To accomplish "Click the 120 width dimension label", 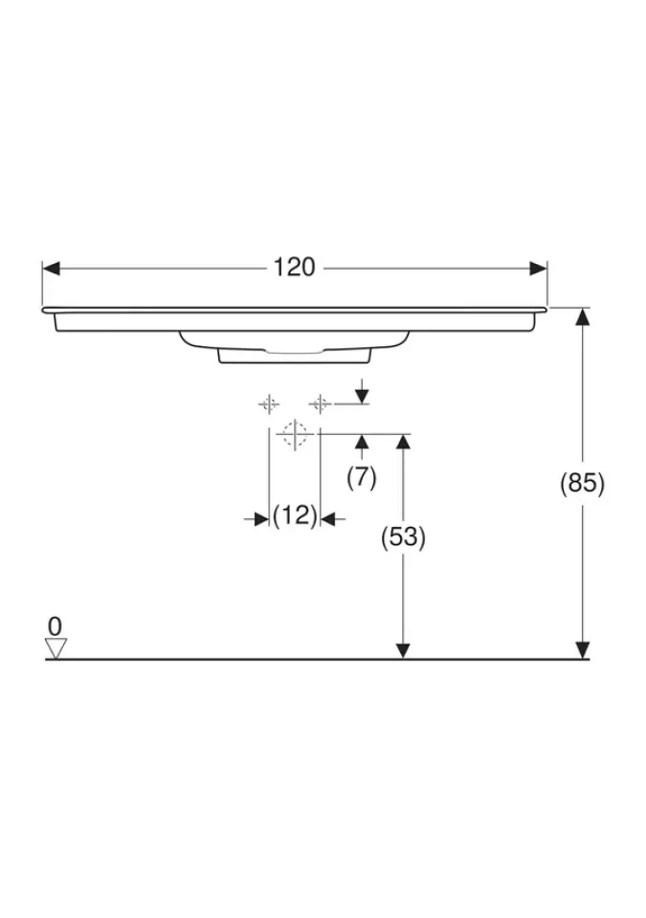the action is tap(294, 268).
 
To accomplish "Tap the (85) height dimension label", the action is tap(582, 484).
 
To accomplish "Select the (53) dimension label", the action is tap(403, 536).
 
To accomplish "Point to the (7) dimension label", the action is tap(362, 478).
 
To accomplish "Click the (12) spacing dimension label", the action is tap(295, 515).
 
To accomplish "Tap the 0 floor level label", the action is tap(55, 626).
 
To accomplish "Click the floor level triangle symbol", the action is tap(56, 648).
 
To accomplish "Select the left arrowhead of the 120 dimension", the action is tap(52, 268).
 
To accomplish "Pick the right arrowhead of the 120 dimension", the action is tap(538, 268).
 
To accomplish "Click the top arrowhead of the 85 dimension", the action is tap(582, 317).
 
